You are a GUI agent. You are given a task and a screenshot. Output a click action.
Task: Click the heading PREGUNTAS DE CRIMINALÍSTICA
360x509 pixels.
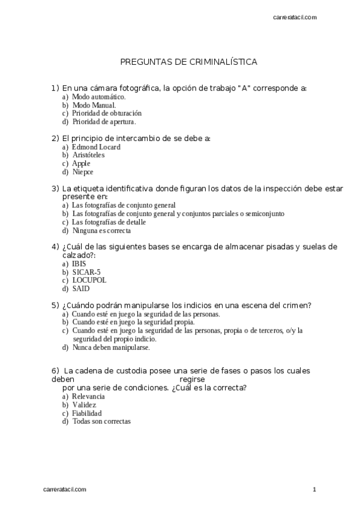(189, 62)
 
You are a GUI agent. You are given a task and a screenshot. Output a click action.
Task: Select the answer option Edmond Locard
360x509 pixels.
(96, 147)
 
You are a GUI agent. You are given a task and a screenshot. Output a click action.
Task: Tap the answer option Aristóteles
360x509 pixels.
(88, 155)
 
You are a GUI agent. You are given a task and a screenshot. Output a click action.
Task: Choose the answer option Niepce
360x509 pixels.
(83, 172)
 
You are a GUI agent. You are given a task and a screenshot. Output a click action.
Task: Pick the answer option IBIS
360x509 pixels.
(79, 264)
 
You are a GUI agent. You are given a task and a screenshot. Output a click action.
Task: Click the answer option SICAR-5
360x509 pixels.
(86, 272)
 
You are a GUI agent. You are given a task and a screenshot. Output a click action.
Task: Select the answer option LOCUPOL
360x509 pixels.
(89, 280)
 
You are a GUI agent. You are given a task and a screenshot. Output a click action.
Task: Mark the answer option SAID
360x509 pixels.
(81, 288)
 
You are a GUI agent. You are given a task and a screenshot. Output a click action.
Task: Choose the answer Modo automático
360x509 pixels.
(98, 97)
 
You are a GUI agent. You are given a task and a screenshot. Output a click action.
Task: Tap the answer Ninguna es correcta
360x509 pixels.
(101, 230)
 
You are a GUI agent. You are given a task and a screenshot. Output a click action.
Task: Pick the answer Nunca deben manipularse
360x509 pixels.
(111, 347)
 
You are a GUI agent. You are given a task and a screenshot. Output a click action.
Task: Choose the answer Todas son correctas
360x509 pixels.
(101, 421)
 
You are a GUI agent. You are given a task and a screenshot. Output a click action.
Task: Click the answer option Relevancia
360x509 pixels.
(88, 397)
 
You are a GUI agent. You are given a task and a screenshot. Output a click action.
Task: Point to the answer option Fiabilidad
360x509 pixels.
(87, 413)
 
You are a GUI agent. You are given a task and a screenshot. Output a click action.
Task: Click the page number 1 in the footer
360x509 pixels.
(314, 490)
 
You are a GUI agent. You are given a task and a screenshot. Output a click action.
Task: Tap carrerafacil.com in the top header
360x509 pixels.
(295, 17)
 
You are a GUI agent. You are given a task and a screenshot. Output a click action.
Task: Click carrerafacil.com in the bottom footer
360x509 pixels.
(65, 490)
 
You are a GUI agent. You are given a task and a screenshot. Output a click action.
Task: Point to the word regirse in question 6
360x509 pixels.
(192, 379)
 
